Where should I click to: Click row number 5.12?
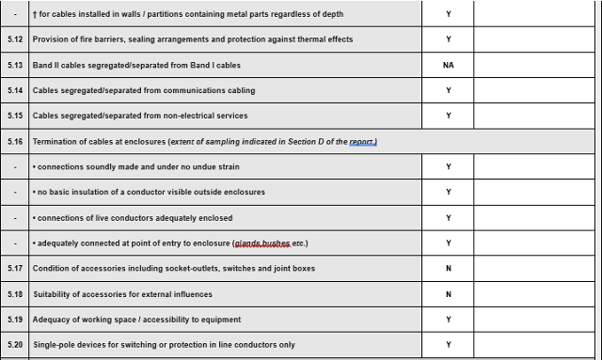click(x=14, y=39)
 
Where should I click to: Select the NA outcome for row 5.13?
click(x=448, y=65)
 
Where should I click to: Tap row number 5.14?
click(x=14, y=90)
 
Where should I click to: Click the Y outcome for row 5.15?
click(x=448, y=116)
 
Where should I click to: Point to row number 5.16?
click(x=14, y=141)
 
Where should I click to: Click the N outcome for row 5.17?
click(x=448, y=269)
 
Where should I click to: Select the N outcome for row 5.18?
click(x=448, y=294)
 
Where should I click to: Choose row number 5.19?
click(x=14, y=320)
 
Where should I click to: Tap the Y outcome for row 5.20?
click(x=448, y=345)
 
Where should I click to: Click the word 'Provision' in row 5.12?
click(x=52, y=39)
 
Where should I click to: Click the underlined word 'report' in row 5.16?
click(x=362, y=141)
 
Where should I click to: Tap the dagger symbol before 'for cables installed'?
click(x=35, y=14)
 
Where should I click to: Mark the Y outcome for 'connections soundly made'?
click(x=448, y=166)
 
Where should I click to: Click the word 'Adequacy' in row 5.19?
click(x=52, y=320)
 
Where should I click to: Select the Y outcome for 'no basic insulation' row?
click(x=448, y=192)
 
